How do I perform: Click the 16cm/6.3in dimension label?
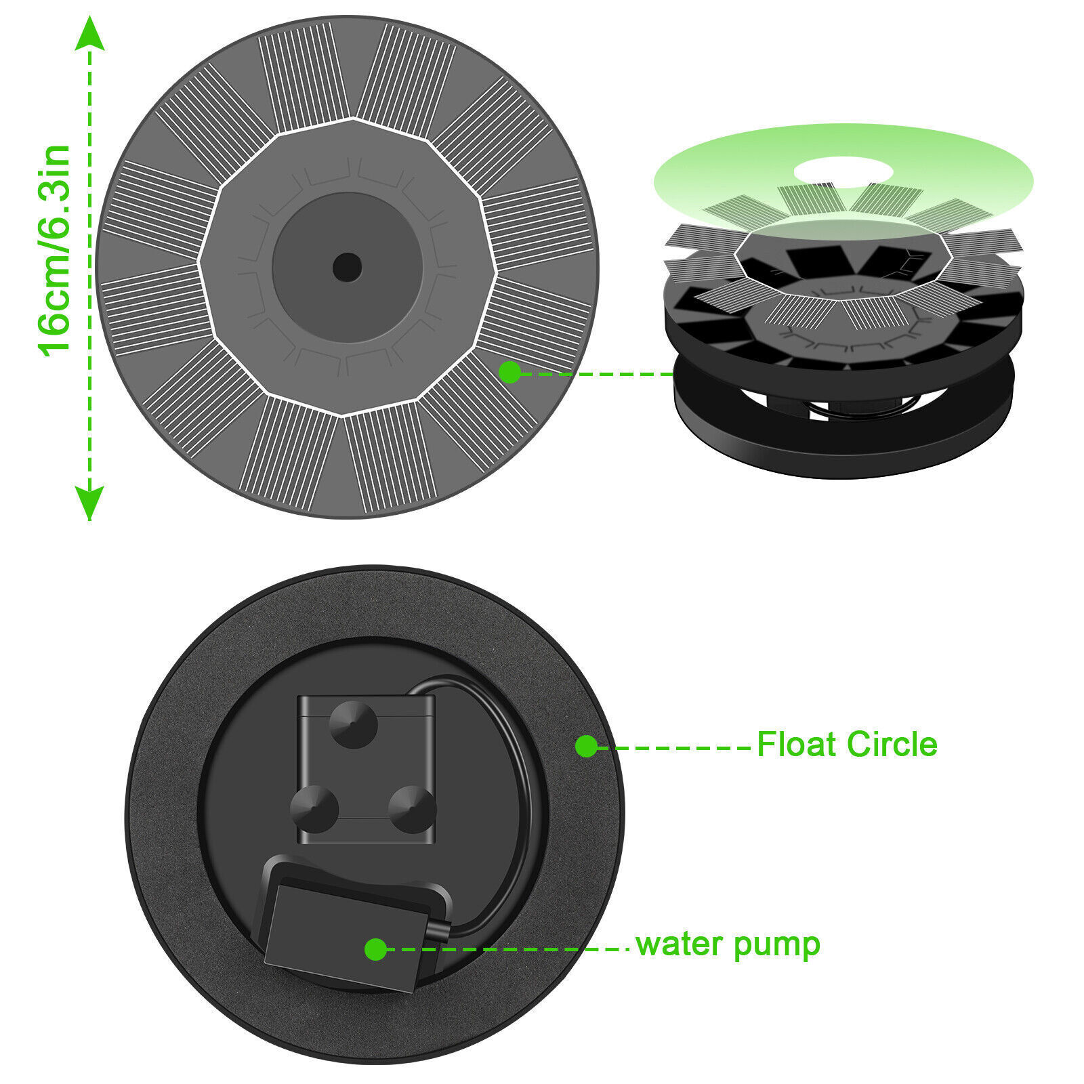coord(54,251)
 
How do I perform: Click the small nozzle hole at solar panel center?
coord(347,268)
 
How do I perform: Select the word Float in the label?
coord(796,745)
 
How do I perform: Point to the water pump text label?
coord(728,944)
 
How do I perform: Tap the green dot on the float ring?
coord(586,747)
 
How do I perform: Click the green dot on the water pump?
coord(375,949)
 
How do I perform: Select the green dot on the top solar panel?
coord(509,372)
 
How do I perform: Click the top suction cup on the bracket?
coord(352,724)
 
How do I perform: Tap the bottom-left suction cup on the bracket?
coord(314,809)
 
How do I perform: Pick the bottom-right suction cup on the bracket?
coord(412,809)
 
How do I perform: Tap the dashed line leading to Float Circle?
coord(674,747)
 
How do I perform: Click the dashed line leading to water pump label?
coord(508,949)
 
